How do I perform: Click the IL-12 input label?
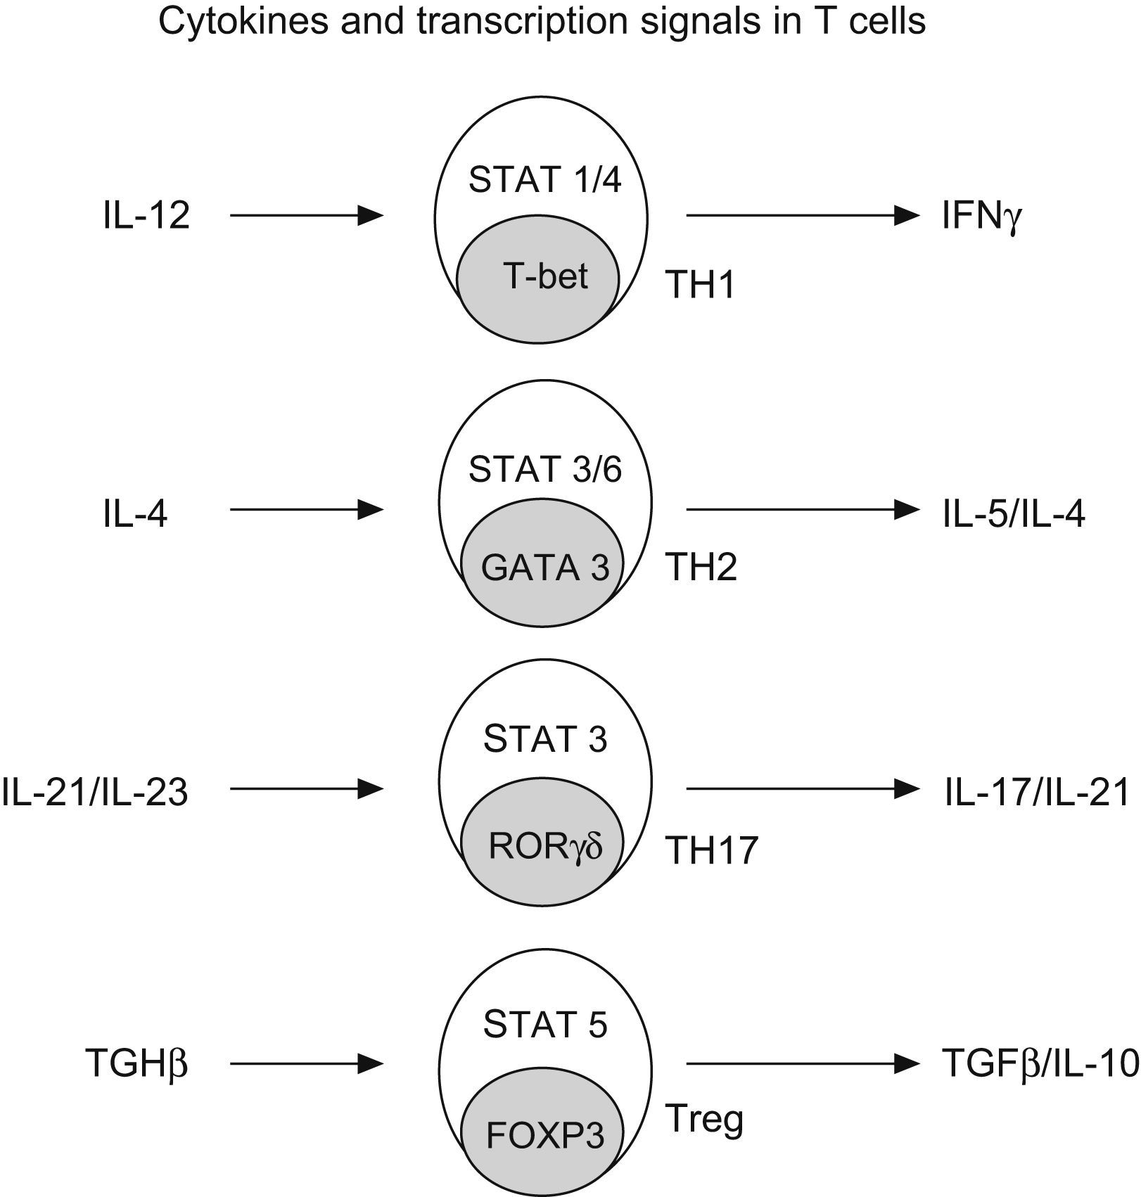(x=146, y=215)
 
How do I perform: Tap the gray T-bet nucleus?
(x=538, y=276)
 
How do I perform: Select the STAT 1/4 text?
(x=545, y=180)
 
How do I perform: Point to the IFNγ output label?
(x=982, y=217)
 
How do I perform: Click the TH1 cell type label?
(x=701, y=286)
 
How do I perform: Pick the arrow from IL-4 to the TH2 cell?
(x=307, y=509)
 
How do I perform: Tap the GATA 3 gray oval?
(x=543, y=567)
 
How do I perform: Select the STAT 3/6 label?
(x=545, y=470)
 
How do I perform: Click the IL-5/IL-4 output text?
(x=1014, y=515)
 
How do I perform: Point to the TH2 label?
(x=701, y=567)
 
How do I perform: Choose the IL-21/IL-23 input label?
(x=95, y=792)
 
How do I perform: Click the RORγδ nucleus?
(x=543, y=846)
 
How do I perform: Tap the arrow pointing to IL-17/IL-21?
(x=802, y=789)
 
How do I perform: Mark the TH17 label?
(x=712, y=850)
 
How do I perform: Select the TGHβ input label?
(x=136, y=1064)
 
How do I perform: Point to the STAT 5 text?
(x=545, y=1025)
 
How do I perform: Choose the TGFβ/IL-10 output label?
(x=1040, y=1064)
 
